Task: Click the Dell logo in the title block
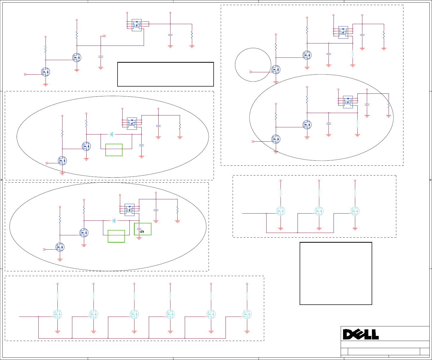[361, 334]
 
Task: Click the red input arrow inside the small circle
[251, 72]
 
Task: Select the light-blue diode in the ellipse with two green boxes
[114, 221]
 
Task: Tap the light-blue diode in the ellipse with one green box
[112, 134]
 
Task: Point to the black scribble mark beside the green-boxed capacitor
[142, 231]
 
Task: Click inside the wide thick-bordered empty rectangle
[165, 74]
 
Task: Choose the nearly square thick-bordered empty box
[336, 273]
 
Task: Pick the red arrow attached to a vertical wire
[104, 36]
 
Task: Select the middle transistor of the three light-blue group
[319, 211]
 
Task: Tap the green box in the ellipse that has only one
[114, 150]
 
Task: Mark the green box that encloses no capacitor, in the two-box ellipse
[116, 236]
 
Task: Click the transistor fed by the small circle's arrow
[276, 70]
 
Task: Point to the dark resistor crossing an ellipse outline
[389, 104]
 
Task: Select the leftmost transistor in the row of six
[57, 314]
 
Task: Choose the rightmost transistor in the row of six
[247, 314]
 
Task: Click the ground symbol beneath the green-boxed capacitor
[139, 238]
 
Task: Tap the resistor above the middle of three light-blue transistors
[319, 193]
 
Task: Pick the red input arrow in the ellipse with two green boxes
[45, 249]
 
